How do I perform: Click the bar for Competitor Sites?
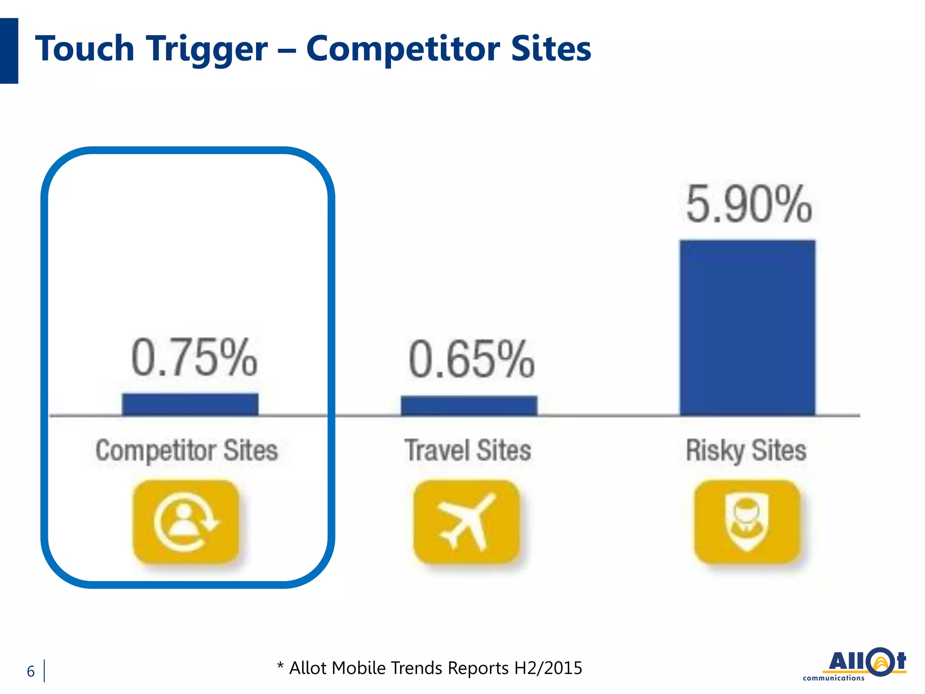(190, 404)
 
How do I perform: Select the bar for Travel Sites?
(469, 406)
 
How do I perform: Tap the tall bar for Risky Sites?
(747, 328)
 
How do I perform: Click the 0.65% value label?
(472, 360)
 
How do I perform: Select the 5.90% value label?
(749, 205)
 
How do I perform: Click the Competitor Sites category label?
(187, 450)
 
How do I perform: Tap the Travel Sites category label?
(468, 450)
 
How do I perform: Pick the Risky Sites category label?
(746, 450)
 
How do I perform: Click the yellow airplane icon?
(467, 522)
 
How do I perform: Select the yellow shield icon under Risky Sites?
(747, 522)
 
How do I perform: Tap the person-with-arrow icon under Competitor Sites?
(186, 522)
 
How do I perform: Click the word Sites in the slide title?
(551, 49)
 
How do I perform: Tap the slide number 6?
(31, 671)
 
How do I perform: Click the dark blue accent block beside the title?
(9, 51)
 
